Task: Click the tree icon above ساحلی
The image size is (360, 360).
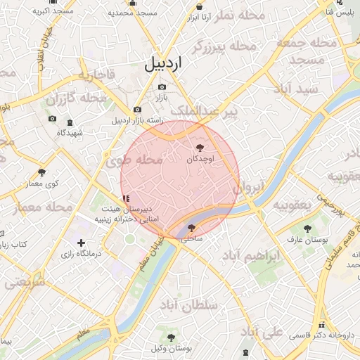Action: (192, 228)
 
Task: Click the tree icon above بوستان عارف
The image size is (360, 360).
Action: (307, 228)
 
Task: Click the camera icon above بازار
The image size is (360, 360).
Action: (162, 87)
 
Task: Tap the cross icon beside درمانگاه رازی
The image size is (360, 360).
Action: (82, 243)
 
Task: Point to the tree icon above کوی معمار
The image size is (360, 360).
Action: (42, 172)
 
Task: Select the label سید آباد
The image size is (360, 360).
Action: (299, 90)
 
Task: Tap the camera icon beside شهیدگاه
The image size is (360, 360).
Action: (52, 119)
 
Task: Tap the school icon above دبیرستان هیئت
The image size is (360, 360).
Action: (126, 199)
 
